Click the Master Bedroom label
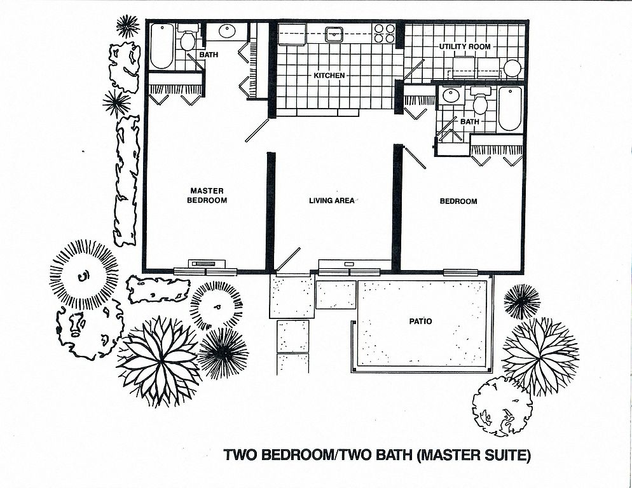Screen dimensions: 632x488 [207, 196]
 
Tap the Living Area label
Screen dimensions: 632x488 [332, 200]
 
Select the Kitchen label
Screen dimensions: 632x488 [329, 76]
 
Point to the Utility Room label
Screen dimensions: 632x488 [465, 46]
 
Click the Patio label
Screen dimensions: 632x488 [420, 321]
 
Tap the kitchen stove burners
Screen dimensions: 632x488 [384, 33]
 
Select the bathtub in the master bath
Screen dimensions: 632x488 [162, 46]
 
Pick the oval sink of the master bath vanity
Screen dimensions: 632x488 [228, 30]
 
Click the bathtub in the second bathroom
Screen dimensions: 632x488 [510, 108]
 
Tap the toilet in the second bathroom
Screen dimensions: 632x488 [480, 101]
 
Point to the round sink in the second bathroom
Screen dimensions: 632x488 [449, 96]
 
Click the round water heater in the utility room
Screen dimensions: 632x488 [512, 69]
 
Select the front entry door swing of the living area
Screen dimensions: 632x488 [288, 259]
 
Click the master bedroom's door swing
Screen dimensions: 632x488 [257, 130]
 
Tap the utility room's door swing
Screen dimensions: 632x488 [413, 69]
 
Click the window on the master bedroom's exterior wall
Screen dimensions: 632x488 [205, 271]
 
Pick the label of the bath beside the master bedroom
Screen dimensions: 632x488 [209, 54]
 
